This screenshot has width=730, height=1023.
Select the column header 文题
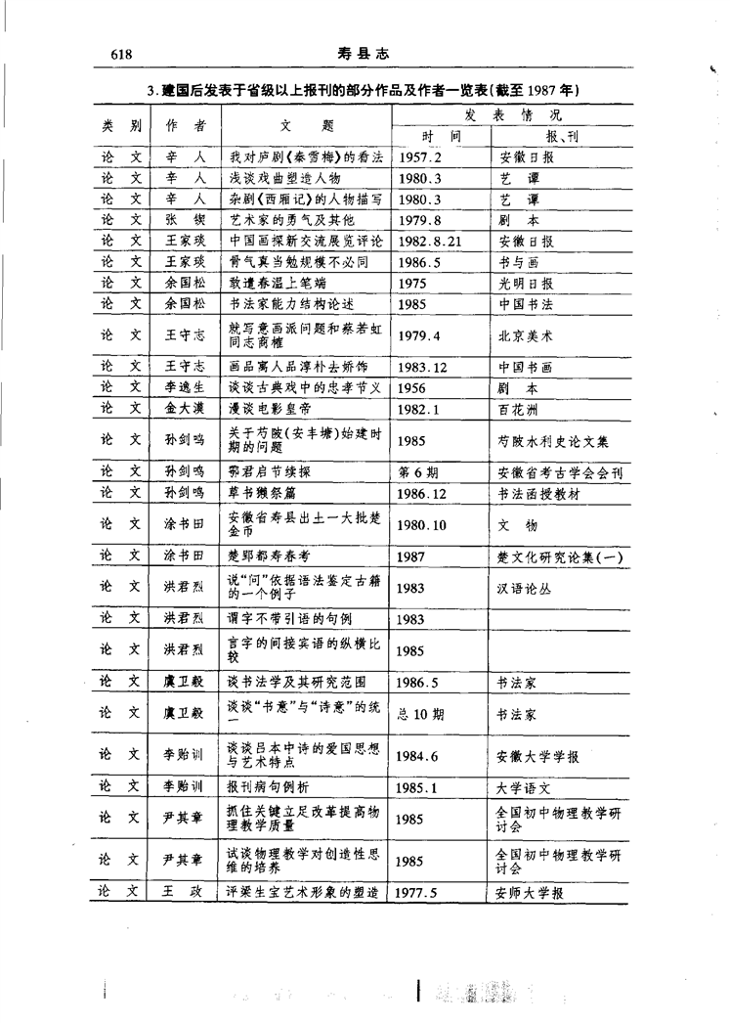[x=306, y=125]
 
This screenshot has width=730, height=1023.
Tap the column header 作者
[x=185, y=125]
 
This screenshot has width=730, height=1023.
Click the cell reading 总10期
[x=422, y=714]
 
